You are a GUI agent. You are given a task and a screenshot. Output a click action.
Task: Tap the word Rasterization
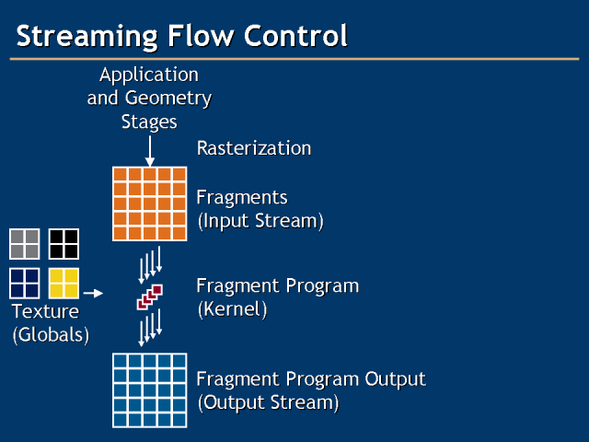point(254,148)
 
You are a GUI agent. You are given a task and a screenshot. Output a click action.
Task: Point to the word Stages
point(149,122)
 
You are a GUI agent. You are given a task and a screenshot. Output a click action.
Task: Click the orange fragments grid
point(149,204)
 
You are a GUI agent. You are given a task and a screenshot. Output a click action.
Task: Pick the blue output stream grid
point(149,390)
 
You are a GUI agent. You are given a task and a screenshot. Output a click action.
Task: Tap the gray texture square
point(25,243)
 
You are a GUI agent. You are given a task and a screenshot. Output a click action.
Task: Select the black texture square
point(64,243)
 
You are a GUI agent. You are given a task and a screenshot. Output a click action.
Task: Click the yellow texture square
point(64,283)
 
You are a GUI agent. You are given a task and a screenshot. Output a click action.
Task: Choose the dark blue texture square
point(25,283)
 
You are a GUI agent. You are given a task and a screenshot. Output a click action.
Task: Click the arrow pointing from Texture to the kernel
point(91,295)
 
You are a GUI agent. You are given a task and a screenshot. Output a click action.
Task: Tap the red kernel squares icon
point(150,297)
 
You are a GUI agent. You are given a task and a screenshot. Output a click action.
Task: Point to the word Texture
point(45,311)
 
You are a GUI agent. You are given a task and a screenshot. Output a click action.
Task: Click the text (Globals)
point(51,334)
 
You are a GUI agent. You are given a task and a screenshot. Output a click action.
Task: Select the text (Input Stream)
point(260,221)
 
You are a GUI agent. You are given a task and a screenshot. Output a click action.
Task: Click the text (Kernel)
point(232,309)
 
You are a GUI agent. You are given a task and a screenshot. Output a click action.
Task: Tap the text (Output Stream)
point(268,402)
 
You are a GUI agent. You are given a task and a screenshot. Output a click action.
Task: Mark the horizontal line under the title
point(294,59)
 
